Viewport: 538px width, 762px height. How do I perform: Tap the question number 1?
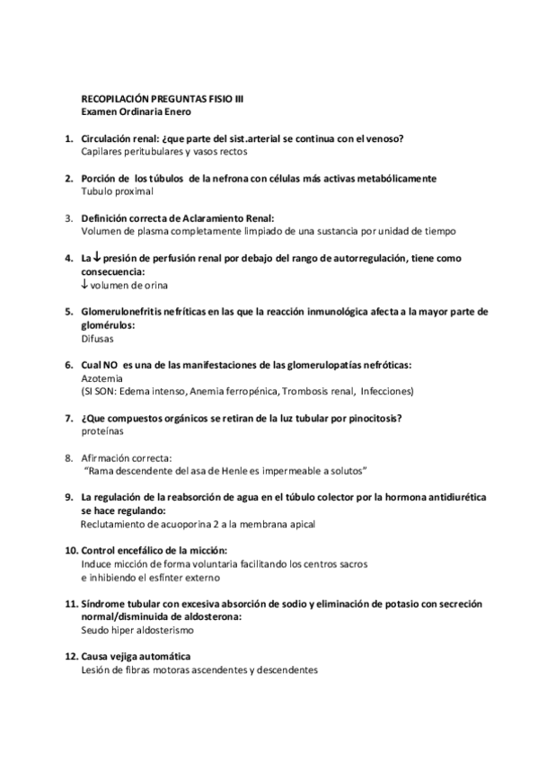(68, 139)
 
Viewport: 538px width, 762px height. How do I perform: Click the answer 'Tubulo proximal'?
(117, 191)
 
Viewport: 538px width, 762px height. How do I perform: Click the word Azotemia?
(100, 379)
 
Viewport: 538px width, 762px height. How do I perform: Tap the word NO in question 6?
(112, 366)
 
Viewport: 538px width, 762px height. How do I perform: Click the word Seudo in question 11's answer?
(95, 630)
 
